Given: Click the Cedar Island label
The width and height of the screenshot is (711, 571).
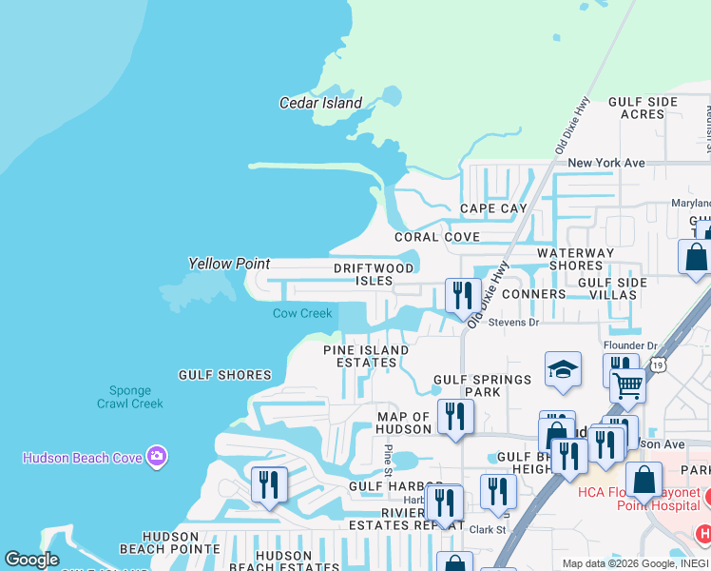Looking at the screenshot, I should [320, 103].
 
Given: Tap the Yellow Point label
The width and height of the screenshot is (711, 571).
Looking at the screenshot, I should [229, 264].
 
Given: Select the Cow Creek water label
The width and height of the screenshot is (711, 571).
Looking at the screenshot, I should [302, 313].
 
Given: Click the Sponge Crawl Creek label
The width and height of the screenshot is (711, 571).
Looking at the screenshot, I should [130, 397].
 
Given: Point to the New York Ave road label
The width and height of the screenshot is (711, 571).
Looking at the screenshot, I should [606, 163].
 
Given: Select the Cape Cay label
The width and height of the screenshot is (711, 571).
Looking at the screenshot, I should [493, 208].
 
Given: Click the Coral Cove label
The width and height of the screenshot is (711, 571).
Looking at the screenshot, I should [438, 237].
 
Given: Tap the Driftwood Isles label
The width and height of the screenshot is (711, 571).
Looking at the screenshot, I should [375, 274].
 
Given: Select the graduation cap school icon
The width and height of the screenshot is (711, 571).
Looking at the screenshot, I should [563, 369].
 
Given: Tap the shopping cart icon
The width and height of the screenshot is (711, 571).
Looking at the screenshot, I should [628, 386].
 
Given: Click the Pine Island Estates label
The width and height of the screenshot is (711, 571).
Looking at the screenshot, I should [366, 356].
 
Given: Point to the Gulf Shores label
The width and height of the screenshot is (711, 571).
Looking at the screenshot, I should [225, 375].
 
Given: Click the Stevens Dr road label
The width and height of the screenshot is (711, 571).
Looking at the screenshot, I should [513, 323].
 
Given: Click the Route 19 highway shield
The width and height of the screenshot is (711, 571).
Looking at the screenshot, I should [659, 364].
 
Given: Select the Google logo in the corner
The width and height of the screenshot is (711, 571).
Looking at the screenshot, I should [31, 560].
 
